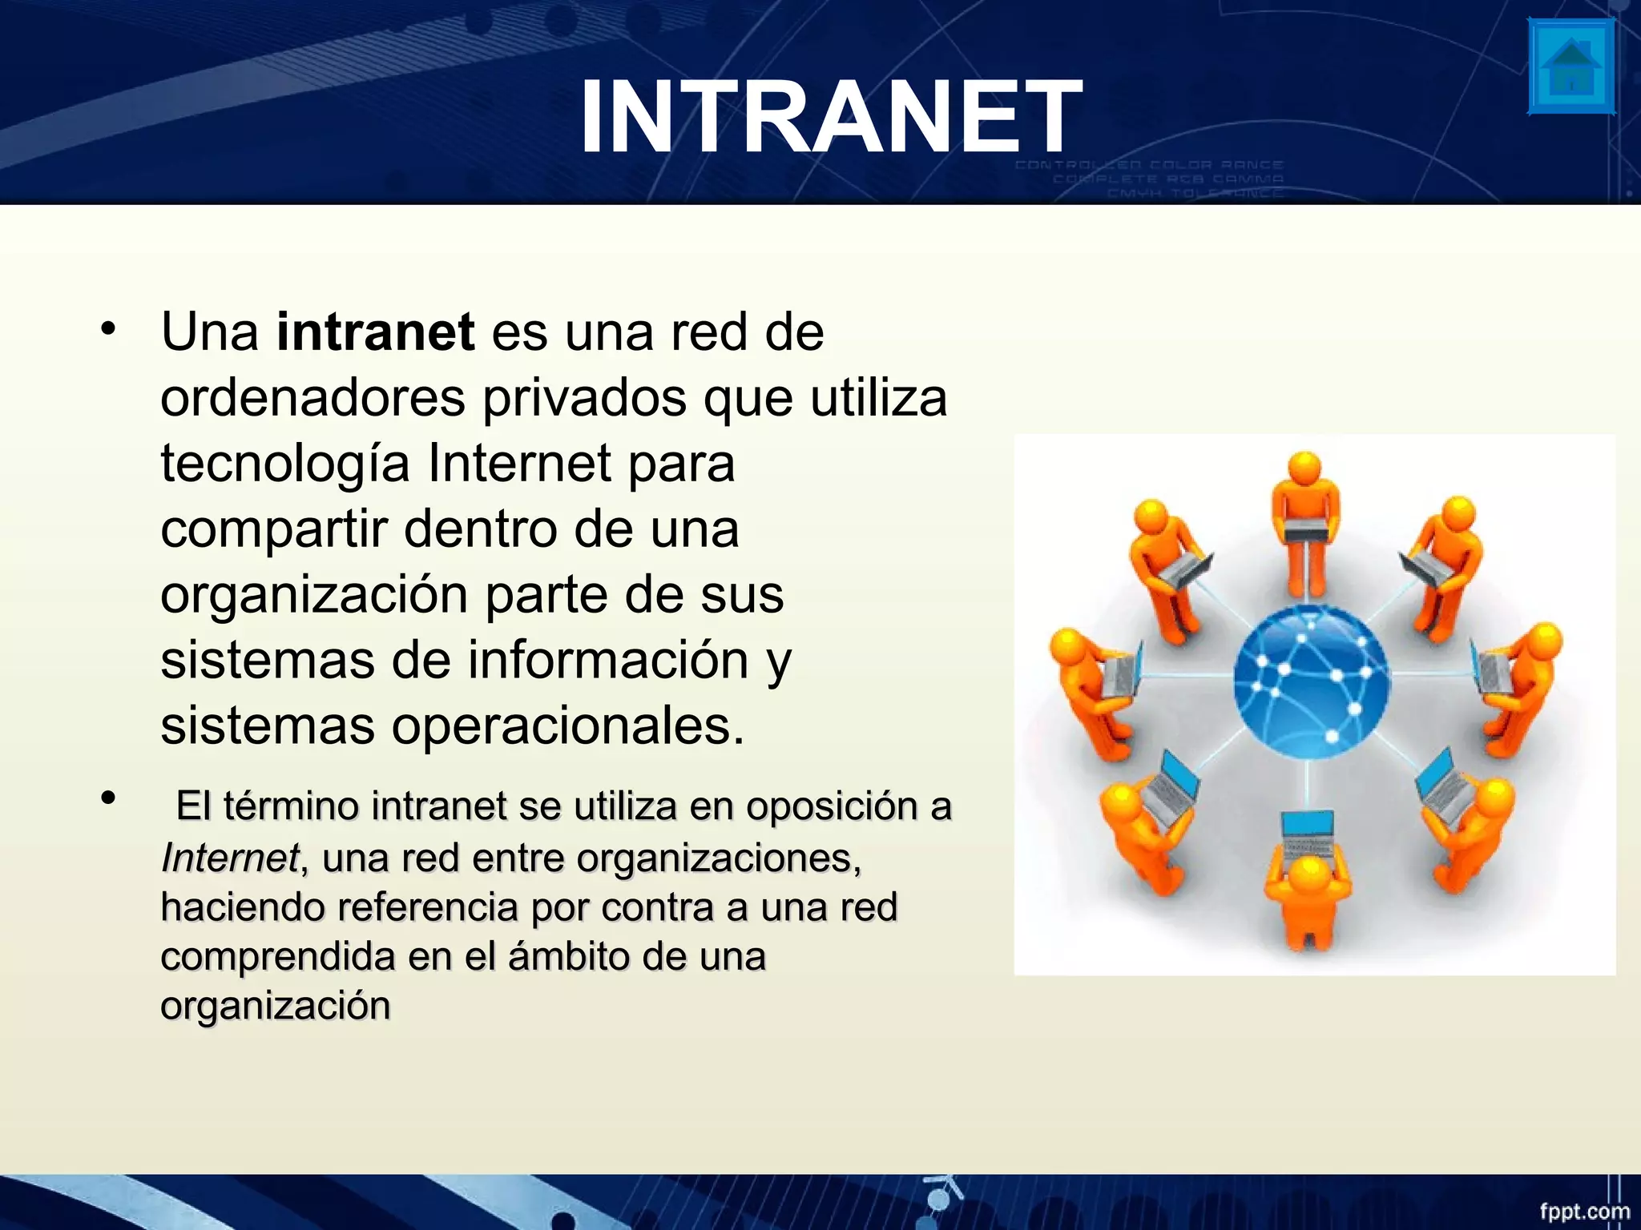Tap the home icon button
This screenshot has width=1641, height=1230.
coord(1571,67)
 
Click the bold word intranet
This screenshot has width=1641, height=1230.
coord(375,332)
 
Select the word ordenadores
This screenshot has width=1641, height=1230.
coord(312,397)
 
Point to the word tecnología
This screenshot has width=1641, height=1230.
coord(285,464)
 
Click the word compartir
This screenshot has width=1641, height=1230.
coord(273,530)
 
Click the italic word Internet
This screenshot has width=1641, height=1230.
coord(229,858)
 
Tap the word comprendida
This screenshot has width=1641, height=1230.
coord(277,956)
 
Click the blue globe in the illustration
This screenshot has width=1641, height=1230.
coord(1312,682)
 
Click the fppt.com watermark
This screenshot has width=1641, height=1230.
coord(1584,1211)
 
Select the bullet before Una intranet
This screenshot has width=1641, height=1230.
coord(108,329)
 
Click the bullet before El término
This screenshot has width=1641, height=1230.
coord(108,798)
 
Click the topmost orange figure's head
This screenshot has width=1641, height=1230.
coord(1305,466)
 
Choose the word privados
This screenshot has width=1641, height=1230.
coord(584,397)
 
